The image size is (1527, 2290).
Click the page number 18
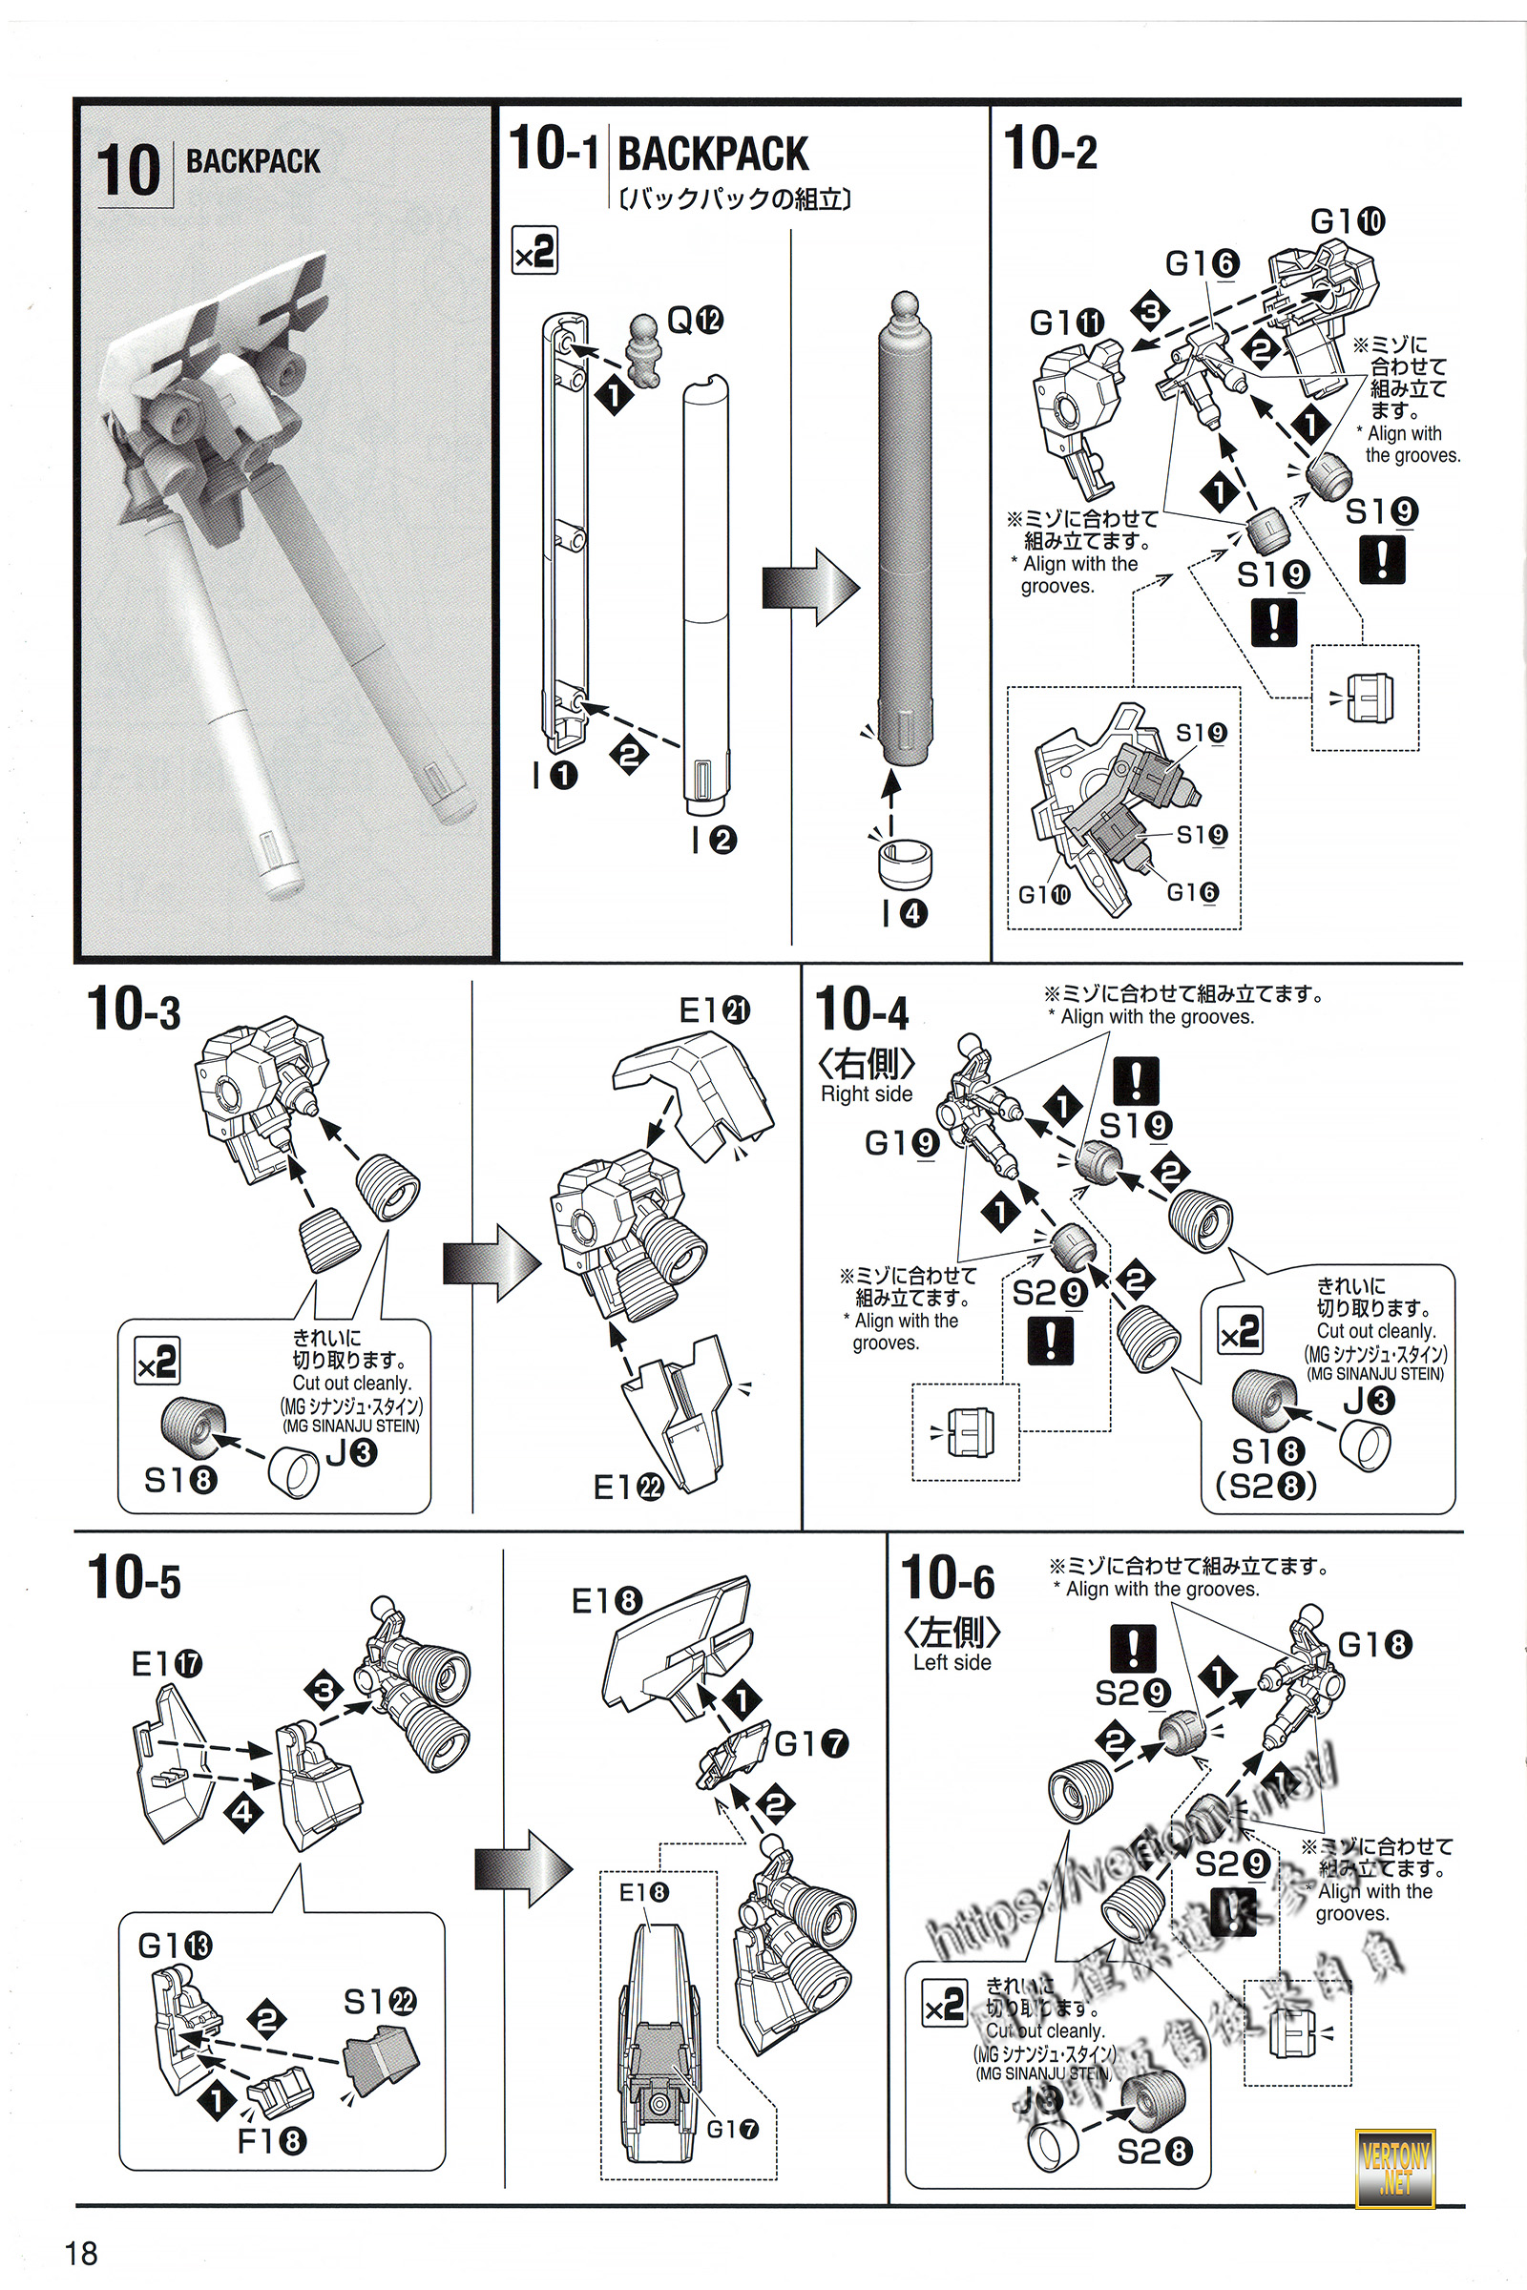[82, 2253]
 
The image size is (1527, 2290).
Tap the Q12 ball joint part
[645, 347]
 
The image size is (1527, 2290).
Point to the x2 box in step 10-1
[534, 251]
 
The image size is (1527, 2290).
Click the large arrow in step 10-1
[809, 586]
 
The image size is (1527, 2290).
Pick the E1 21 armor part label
[714, 1010]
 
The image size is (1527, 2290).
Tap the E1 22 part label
[628, 1487]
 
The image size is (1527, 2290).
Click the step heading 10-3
[135, 1009]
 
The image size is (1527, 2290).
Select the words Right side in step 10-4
[866, 1094]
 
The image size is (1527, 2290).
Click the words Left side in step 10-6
[952, 1662]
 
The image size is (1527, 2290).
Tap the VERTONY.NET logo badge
[1394, 2168]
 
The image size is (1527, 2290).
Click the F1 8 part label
[272, 2141]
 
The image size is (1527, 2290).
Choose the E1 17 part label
[166, 1664]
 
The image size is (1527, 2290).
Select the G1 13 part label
[175, 1946]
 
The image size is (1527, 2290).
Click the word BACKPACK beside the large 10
[252, 161]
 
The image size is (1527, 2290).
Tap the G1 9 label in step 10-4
[901, 1143]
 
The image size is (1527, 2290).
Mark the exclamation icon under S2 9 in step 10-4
[1051, 1341]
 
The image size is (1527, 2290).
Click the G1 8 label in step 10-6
[1374, 1644]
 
